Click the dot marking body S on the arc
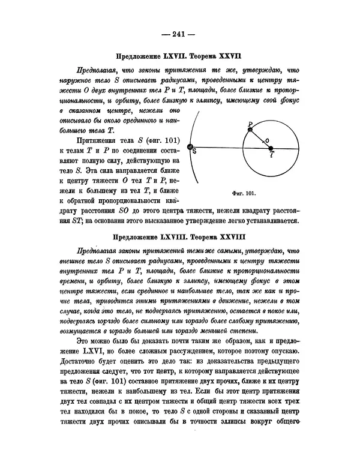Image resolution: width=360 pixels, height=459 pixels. [190, 147]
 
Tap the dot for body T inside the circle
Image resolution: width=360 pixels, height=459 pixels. [271, 147]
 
